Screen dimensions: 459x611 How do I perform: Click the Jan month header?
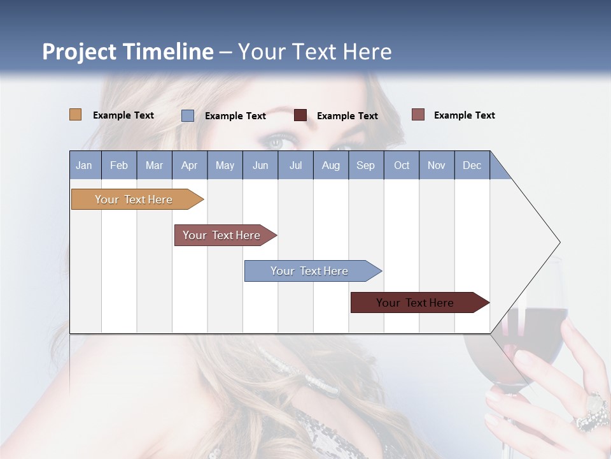[x=85, y=165]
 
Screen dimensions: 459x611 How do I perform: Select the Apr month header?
[x=190, y=165]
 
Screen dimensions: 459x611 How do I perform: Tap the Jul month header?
[x=295, y=165]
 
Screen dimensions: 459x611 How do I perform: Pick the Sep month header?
[x=365, y=165]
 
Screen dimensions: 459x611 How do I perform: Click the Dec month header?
[x=472, y=165]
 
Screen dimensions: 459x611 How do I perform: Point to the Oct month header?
[x=401, y=165]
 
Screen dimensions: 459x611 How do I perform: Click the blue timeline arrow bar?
[x=311, y=271]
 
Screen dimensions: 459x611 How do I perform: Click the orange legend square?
[x=75, y=115]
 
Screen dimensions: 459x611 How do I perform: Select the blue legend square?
[x=188, y=115]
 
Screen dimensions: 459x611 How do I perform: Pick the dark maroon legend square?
[x=300, y=115]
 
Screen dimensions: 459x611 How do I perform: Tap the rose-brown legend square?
[x=418, y=115]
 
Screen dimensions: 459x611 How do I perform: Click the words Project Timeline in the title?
[x=127, y=52]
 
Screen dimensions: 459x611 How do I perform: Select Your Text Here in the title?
[x=315, y=52]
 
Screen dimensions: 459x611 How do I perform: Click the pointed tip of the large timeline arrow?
[x=559, y=242]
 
